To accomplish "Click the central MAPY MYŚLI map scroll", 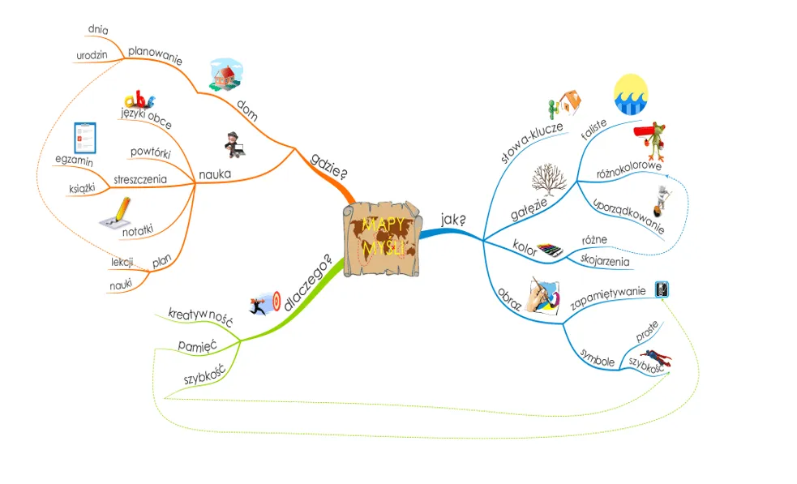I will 382,238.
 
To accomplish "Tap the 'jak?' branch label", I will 453,219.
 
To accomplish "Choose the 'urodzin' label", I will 92,56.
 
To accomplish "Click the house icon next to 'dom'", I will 226,75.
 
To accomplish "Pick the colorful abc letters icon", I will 139,101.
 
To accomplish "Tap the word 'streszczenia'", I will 140,179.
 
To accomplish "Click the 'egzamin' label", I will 75,162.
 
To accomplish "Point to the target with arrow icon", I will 265,302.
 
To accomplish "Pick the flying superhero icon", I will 654,358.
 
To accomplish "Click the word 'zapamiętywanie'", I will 607,298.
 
